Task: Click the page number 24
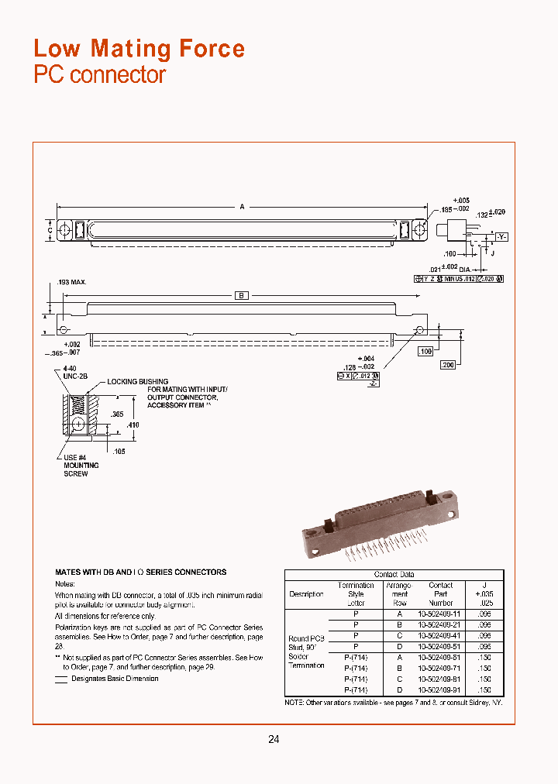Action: (x=274, y=739)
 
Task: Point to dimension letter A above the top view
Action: (x=242, y=207)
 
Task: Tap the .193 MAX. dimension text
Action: (x=72, y=282)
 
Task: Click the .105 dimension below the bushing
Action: (x=119, y=451)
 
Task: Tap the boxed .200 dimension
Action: (x=447, y=365)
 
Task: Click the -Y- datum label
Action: (x=501, y=236)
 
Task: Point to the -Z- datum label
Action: (x=373, y=383)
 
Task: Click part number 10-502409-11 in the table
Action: (x=440, y=612)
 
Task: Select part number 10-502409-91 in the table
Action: (x=440, y=689)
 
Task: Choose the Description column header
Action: (x=306, y=594)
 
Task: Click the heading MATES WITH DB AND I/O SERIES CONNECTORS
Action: (x=141, y=573)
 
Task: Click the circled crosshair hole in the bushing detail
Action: (x=78, y=425)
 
